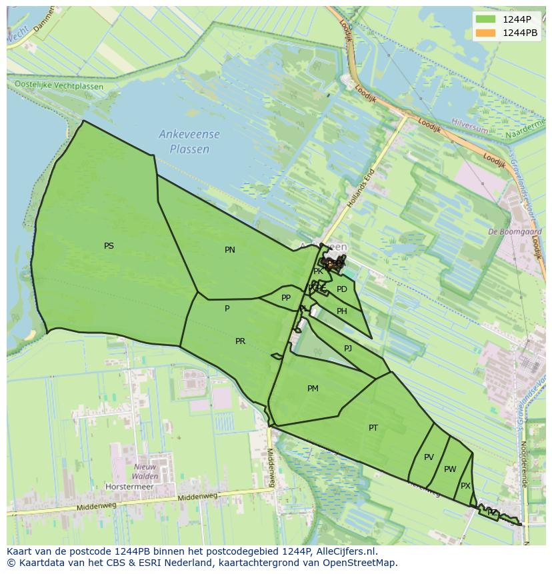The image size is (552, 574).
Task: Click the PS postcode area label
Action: click(x=109, y=246)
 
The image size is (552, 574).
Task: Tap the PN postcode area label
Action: click(x=229, y=250)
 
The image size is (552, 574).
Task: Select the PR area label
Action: click(x=240, y=341)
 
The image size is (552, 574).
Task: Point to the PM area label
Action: click(x=313, y=389)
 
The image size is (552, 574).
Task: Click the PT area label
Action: click(x=373, y=428)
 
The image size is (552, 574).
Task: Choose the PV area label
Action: click(x=429, y=457)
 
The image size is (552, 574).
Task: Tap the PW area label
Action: click(x=450, y=469)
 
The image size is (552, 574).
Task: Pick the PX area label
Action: click(x=465, y=486)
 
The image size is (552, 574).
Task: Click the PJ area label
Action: click(x=348, y=349)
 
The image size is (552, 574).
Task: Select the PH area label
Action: click(x=342, y=311)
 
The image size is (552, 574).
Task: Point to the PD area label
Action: click(x=342, y=289)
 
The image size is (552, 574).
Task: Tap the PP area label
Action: click(x=286, y=298)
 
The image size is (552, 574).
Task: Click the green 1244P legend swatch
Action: click(x=486, y=19)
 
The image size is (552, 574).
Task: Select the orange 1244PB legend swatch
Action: click(x=486, y=33)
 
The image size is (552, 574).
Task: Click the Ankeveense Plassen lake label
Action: click(x=189, y=142)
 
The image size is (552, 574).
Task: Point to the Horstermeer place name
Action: click(x=129, y=487)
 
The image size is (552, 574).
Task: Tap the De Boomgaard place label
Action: click(x=515, y=232)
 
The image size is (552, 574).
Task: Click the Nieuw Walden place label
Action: click(x=145, y=471)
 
